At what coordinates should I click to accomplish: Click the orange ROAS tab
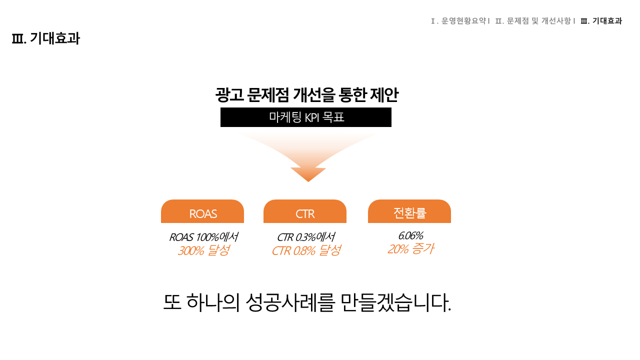[x=202, y=211]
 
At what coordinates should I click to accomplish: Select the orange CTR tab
[x=305, y=211]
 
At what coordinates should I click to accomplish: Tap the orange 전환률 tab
[x=409, y=211]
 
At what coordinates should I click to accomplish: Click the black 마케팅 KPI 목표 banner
[x=306, y=117]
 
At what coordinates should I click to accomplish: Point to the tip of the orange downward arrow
[x=308, y=181]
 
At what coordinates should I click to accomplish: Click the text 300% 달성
[x=203, y=250]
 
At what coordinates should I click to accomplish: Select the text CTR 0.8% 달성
[x=306, y=250]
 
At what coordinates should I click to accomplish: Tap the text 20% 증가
[x=410, y=249]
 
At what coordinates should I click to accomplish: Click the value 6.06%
[x=410, y=235]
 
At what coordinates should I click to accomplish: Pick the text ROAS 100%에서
[x=203, y=237]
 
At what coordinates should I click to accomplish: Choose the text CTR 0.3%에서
[x=306, y=237]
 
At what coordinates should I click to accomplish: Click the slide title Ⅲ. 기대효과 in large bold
[x=45, y=38]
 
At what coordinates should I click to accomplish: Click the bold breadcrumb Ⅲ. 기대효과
[x=601, y=21]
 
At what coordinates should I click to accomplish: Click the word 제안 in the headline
[x=384, y=95]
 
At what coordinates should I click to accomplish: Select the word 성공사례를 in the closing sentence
[x=290, y=302]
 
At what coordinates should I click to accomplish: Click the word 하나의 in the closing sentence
[x=213, y=302]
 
